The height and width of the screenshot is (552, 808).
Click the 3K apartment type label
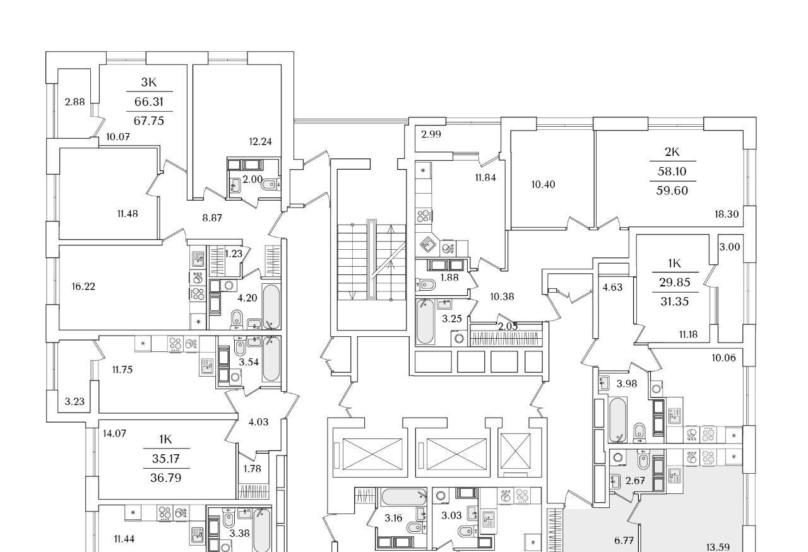pyautogui.click(x=148, y=82)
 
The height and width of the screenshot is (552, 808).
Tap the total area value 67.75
pyautogui.click(x=148, y=120)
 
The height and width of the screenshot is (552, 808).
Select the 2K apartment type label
pyautogui.click(x=672, y=152)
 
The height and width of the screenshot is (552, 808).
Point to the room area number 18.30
pyautogui.click(x=727, y=214)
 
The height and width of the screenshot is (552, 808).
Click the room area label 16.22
pyautogui.click(x=83, y=286)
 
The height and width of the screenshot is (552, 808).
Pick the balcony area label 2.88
pyautogui.click(x=74, y=102)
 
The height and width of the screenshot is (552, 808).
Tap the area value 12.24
pyautogui.click(x=261, y=142)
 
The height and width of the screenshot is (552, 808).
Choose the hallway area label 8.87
pyautogui.click(x=212, y=218)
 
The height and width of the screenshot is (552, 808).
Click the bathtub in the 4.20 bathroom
pyautogui.click(x=271, y=307)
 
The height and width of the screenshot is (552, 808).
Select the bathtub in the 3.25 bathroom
pyautogui.click(x=425, y=322)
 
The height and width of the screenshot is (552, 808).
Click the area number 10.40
pyautogui.click(x=543, y=185)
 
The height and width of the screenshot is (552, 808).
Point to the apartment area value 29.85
pyautogui.click(x=675, y=283)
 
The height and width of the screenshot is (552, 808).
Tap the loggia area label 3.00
pyautogui.click(x=730, y=247)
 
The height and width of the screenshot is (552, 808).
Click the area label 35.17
pyautogui.click(x=166, y=459)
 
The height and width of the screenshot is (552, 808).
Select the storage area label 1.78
pyautogui.click(x=252, y=469)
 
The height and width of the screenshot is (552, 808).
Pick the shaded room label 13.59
pyautogui.click(x=718, y=548)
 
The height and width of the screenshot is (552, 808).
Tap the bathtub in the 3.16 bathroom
pyautogui.click(x=404, y=497)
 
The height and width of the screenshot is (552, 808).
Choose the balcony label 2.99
pyautogui.click(x=431, y=134)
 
